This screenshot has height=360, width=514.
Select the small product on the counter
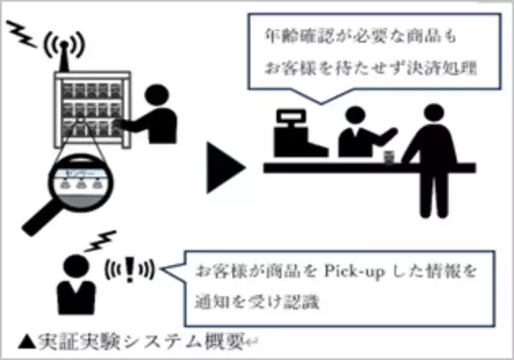coord(390,158)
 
